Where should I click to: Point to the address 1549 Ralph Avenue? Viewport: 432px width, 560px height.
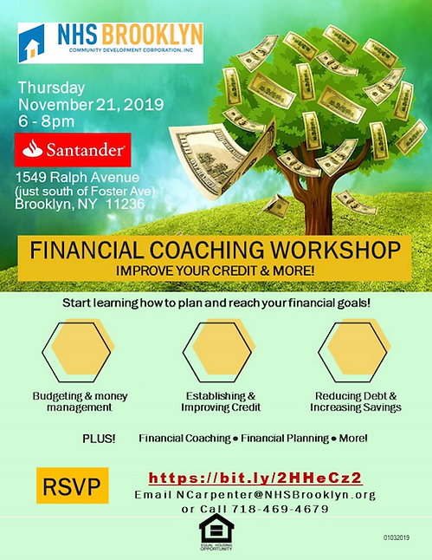[x=65, y=177]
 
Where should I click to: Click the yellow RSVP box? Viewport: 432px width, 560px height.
[x=73, y=486]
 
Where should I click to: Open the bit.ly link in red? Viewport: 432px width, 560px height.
[x=255, y=478]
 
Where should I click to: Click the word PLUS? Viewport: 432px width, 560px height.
[x=99, y=438]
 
